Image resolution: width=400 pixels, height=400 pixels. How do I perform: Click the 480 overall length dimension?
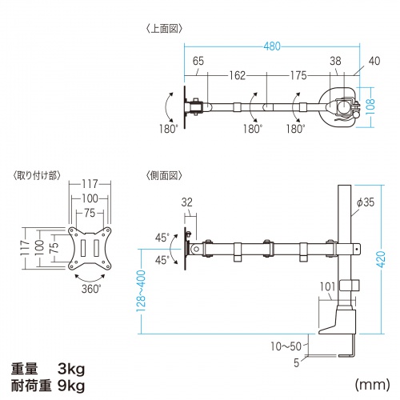pyautogui.click(x=273, y=46)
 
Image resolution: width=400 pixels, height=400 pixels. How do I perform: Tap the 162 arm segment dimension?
pyautogui.click(x=235, y=76)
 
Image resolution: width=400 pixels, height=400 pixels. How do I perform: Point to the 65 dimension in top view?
pyautogui.click(x=198, y=60)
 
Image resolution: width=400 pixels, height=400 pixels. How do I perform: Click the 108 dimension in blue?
pyautogui.click(x=370, y=107)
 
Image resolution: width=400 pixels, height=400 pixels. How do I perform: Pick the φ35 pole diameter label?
pyautogui.click(x=366, y=204)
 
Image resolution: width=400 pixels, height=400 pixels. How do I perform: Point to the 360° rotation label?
pyautogui.click(x=89, y=290)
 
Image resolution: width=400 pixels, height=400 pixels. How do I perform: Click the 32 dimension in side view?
pyautogui.click(x=186, y=203)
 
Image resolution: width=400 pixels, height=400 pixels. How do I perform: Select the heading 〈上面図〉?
pyautogui.click(x=165, y=29)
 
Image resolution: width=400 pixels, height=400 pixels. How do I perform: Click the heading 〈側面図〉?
pyautogui.click(x=165, y=174)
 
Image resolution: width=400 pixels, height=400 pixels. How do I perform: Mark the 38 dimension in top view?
pyautogui.click(x=335, y=60)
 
